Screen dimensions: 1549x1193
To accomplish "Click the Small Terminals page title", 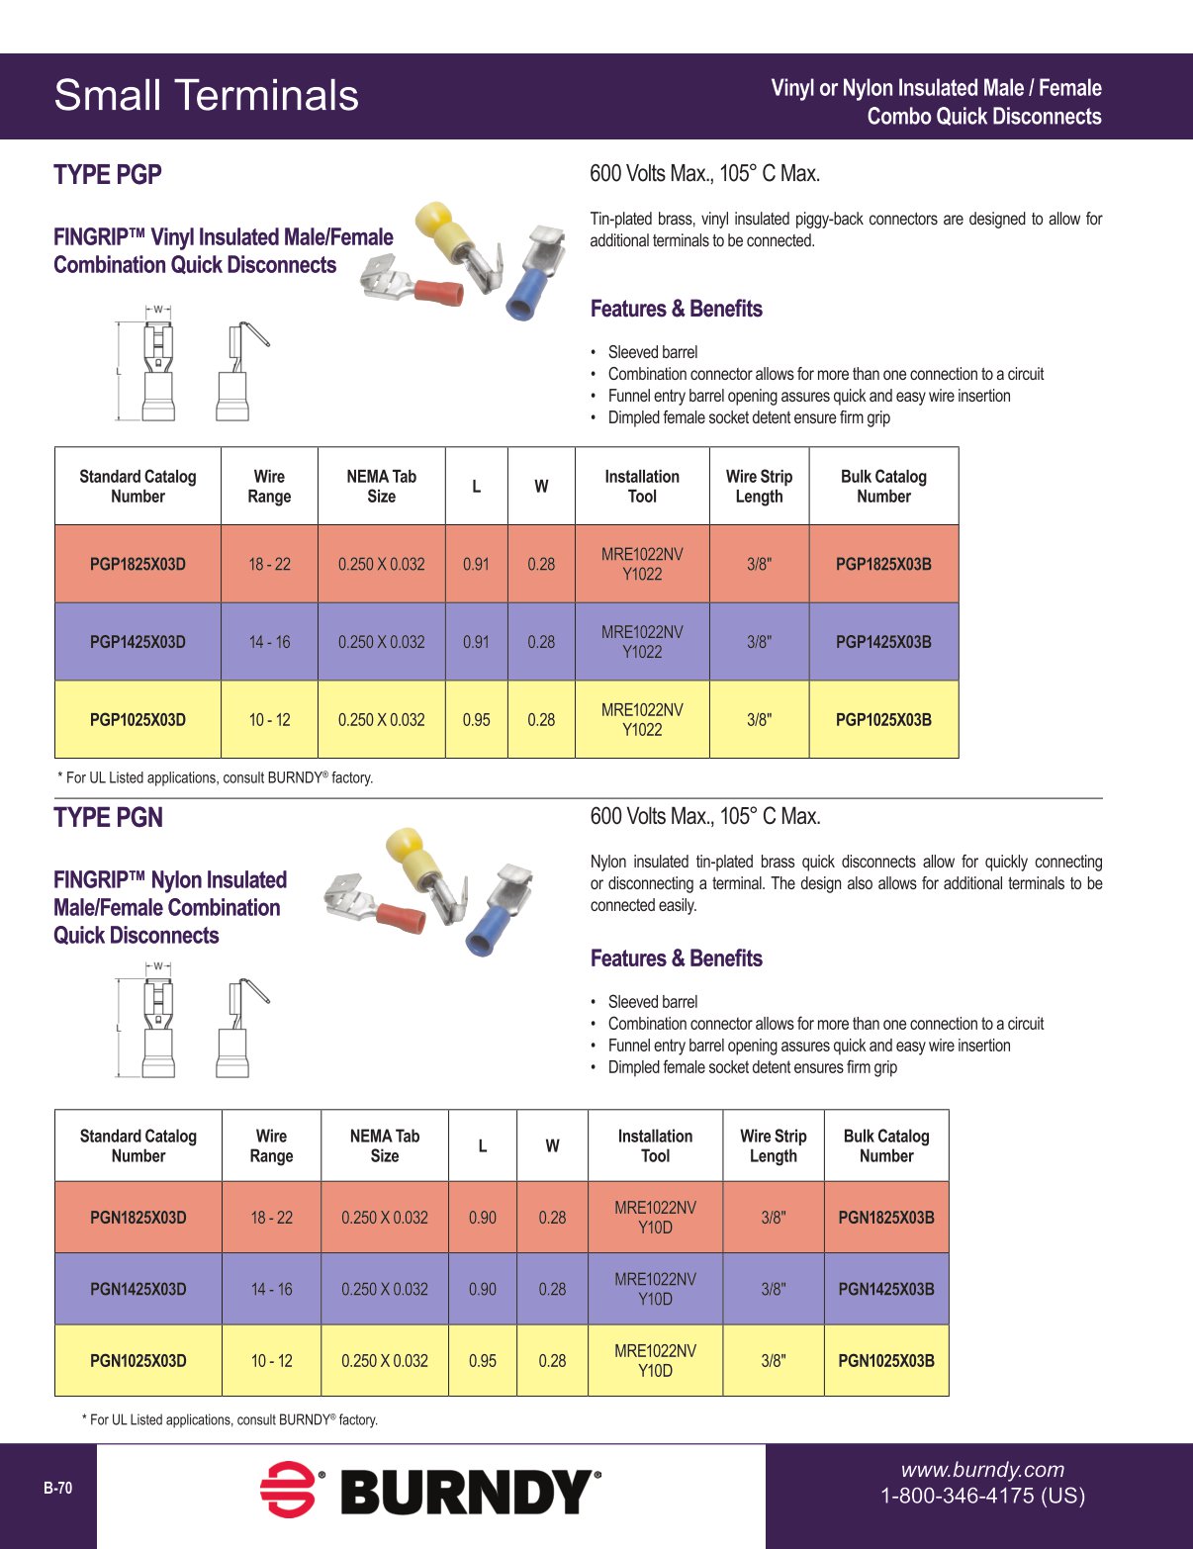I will coord(206,96).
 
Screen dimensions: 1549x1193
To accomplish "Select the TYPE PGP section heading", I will coord(108,175).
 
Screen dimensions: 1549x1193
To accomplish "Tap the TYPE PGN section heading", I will coord(109,818).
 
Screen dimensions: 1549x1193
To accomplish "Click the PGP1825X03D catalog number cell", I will coord(138,564).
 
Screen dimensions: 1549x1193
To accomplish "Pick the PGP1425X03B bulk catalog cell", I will coord(883,642).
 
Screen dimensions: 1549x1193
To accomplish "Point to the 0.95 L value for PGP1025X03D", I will coord(476,720).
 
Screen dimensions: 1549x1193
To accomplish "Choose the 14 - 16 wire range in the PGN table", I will coord(271,1289).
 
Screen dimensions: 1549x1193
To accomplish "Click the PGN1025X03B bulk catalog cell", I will coord(885,1361).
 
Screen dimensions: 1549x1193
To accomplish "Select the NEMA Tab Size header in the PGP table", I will coord(381,486).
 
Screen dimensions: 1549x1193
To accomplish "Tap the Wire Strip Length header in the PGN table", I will coord(773,1145).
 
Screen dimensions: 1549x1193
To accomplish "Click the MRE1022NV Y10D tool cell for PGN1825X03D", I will coord(655,1218).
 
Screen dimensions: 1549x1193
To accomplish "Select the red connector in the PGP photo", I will coord(438,291).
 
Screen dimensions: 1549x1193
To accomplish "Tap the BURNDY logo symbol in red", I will coord(288,1489).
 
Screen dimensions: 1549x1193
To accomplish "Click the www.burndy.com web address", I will coord(982,1470).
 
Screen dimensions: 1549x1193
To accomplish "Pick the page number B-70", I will coord(57,1488).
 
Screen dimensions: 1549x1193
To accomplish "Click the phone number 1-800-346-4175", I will coord(982,1496).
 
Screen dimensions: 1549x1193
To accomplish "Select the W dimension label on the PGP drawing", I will coord(157,310).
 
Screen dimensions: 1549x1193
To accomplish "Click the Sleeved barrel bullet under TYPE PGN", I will coord(652,1002).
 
